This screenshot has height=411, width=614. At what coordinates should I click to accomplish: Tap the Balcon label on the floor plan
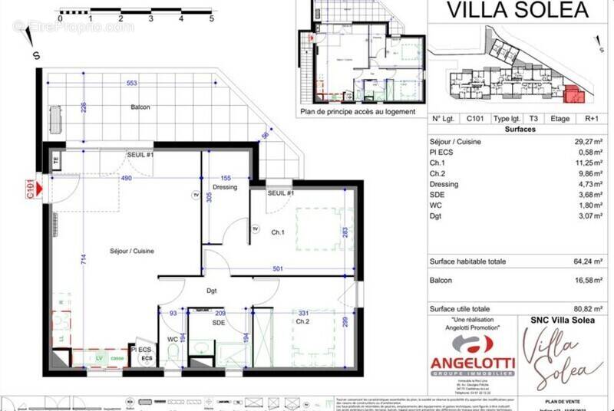coord(140,107)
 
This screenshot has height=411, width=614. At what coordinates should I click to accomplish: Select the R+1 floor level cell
coord(592,119)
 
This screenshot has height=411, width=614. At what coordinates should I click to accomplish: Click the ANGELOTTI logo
coord(471,360)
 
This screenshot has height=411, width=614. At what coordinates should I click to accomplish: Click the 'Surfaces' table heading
coord(519,129)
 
